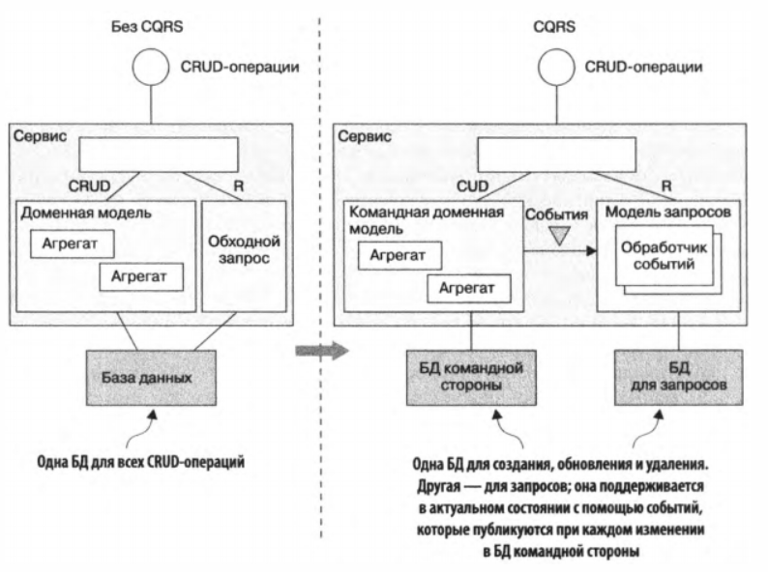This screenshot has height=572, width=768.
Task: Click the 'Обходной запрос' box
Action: pyautogui.click(x=243, y=255)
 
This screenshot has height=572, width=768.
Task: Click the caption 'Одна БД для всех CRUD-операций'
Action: pyautogui.click(x=141, y=462)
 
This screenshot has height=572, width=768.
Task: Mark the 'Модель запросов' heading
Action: pyautogui.click(x=658, y=211)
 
